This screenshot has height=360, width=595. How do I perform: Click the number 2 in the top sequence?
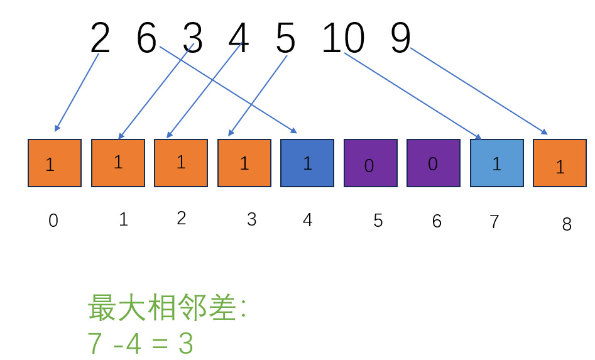coord(100,38)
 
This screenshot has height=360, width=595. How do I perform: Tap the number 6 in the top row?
coord(146,38)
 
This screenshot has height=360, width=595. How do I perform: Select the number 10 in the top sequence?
coord(344,38)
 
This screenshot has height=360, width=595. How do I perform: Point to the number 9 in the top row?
coord(401,38)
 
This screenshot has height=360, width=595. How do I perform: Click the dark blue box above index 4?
coord(307,163)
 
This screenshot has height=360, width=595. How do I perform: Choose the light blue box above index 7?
coord(497,163)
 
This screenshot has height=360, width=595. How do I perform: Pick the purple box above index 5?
coord(371,163)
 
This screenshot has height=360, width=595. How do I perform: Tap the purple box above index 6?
coord(434,163)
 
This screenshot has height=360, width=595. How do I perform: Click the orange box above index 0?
coord(55,163)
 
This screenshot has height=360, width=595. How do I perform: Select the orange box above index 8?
coord(560,163)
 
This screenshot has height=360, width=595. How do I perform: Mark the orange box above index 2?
coord(181,163)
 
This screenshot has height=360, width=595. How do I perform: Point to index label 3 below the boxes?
coord(251,219)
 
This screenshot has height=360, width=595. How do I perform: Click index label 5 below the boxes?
coord(378,221)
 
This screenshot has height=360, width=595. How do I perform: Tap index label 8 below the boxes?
coord(567,224)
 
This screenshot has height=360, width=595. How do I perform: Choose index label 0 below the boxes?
coord(53,221)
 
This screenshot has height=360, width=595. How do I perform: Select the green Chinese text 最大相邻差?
coord(161,307)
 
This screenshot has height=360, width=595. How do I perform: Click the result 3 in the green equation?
coord(185,343)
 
